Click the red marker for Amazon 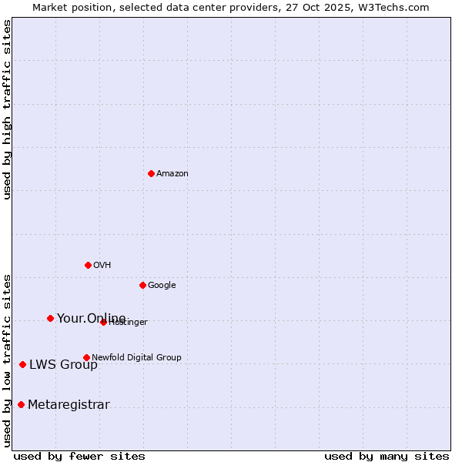pyautogui.click(x=151, y=173)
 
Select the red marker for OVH pyautogui.click(x=88, y=265)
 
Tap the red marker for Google pyautogui.click(x=142, y=285)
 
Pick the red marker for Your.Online pyautogui.click(x=50, y=318)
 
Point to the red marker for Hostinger pyautogui.click(x=103, y=322)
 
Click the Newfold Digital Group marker pyautogui.click(x=86, y=357)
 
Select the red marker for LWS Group pyautogui.click(x=22, y=364)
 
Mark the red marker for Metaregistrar pyautogui.click(x=21, y=404)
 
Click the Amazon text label pyautogui.click(x=172, y=174)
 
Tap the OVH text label pyautogui.click(x=102, y=266)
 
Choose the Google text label pyautogui.click(x=162, y=286)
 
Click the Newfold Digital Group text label pyautogui.click(x=136, y=357)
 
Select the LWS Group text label pyautogui.click(x=63, y=365)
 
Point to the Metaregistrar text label pyautogui.click(x=69, y=405)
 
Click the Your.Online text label pyautogui.click(x=91, y=319)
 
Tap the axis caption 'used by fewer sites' pyautogui.click(x=79, y=456)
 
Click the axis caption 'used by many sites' pyautogui.click(x=387, y=456)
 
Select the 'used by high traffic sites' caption pyautogui.click(x=7, y=109)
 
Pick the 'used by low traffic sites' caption pyautogui.click(x=7, y=360)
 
